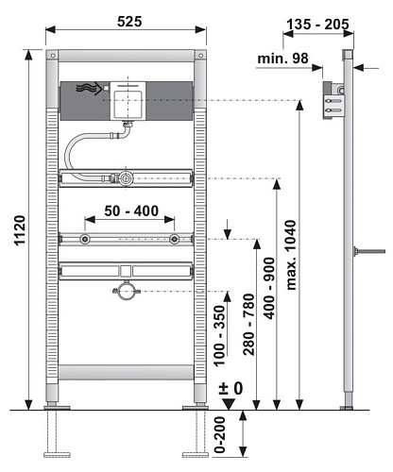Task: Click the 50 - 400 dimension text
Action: (x=131, y=211)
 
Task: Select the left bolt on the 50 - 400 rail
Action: (x=86, y=240)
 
